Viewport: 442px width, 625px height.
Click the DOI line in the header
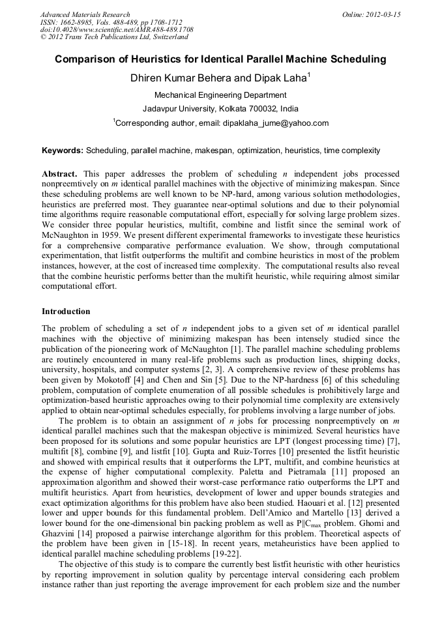point(117,30)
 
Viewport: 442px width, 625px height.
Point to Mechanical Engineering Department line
point(220,95)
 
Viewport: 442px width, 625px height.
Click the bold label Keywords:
point(63,151)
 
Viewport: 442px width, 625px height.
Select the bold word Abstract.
point(59,175)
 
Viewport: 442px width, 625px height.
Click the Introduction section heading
point(66,312)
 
